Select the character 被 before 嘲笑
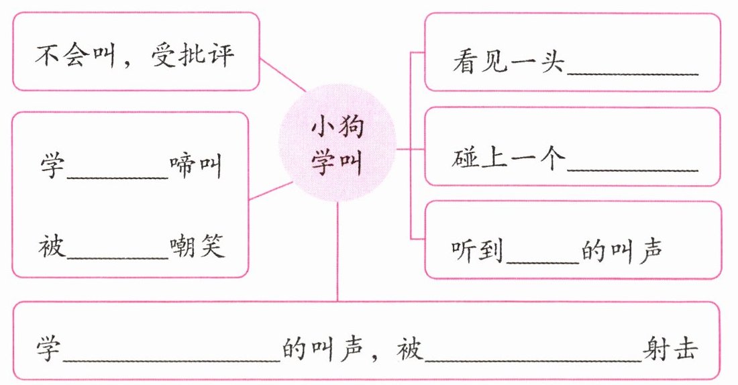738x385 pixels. coord(52,248)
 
